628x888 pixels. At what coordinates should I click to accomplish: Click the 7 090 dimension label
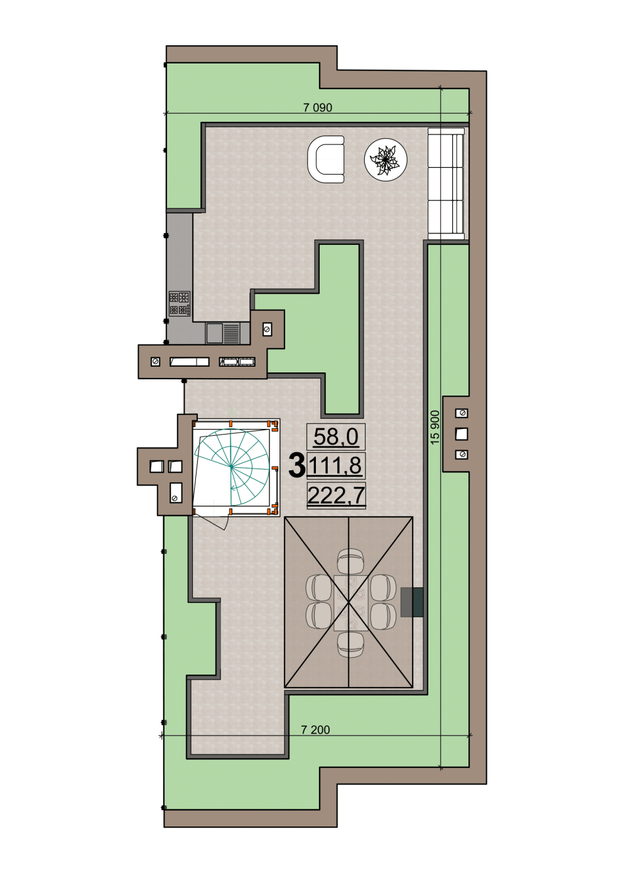(x=317, y=107)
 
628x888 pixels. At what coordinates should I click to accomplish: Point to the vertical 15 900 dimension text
(x=435, y=427)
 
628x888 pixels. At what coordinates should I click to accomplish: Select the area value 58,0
(x=336, y=437)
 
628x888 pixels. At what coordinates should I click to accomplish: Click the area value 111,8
(x=336, y=465)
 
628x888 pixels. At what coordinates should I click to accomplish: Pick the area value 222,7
(x=336, y=495)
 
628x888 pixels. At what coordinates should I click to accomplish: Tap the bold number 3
(x=296, y=465)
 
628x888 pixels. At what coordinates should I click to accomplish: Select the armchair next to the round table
(x=326, y=160)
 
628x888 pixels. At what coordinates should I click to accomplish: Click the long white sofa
(x=446, y=183)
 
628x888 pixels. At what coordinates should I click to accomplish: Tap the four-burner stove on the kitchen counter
(x=180, y=303)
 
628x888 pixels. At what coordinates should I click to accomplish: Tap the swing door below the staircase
(x=218, y=519)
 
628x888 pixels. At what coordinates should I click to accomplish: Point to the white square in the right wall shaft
(x=462, y=434)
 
